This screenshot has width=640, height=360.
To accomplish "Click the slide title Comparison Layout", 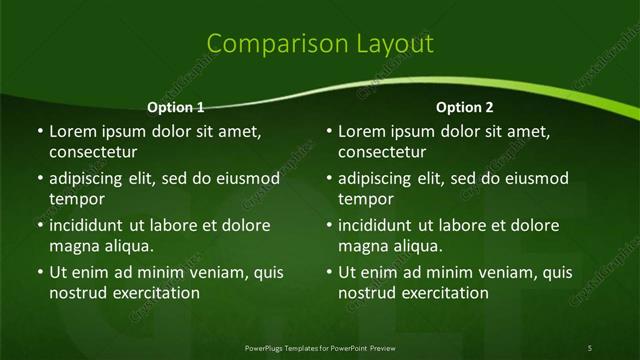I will click(320, 44).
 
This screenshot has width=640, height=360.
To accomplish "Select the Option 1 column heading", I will click(176, 107).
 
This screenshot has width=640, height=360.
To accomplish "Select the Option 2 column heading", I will click(465, 107).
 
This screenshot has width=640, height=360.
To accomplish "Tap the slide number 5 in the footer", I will click(590, 347).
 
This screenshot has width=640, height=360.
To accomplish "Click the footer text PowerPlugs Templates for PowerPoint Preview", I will click(320, 347).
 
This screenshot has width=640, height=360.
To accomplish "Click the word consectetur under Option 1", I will click(93, 153).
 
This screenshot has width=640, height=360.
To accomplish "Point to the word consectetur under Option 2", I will click(382, 153).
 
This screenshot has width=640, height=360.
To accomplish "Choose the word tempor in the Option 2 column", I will click(364, 199).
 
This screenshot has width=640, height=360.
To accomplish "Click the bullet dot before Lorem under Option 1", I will click(39, 132).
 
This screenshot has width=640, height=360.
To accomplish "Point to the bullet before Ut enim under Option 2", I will click(329, 272).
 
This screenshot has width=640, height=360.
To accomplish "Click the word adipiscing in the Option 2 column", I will click(381, 179).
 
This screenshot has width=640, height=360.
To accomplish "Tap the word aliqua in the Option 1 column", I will click(125, 246).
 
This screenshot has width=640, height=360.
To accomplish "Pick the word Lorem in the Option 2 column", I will click(361, 132).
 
